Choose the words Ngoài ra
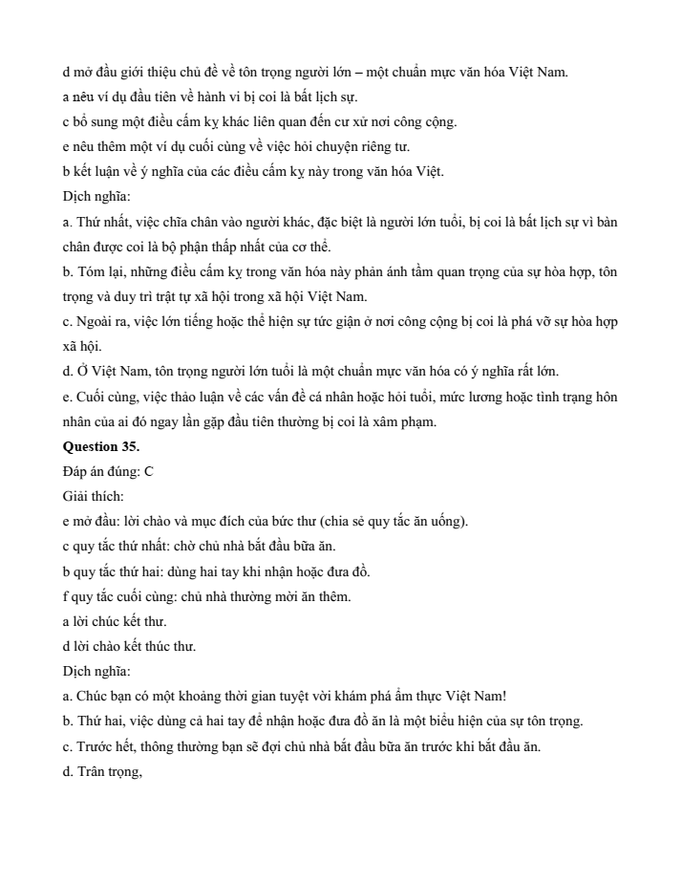(x=98, y=322)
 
